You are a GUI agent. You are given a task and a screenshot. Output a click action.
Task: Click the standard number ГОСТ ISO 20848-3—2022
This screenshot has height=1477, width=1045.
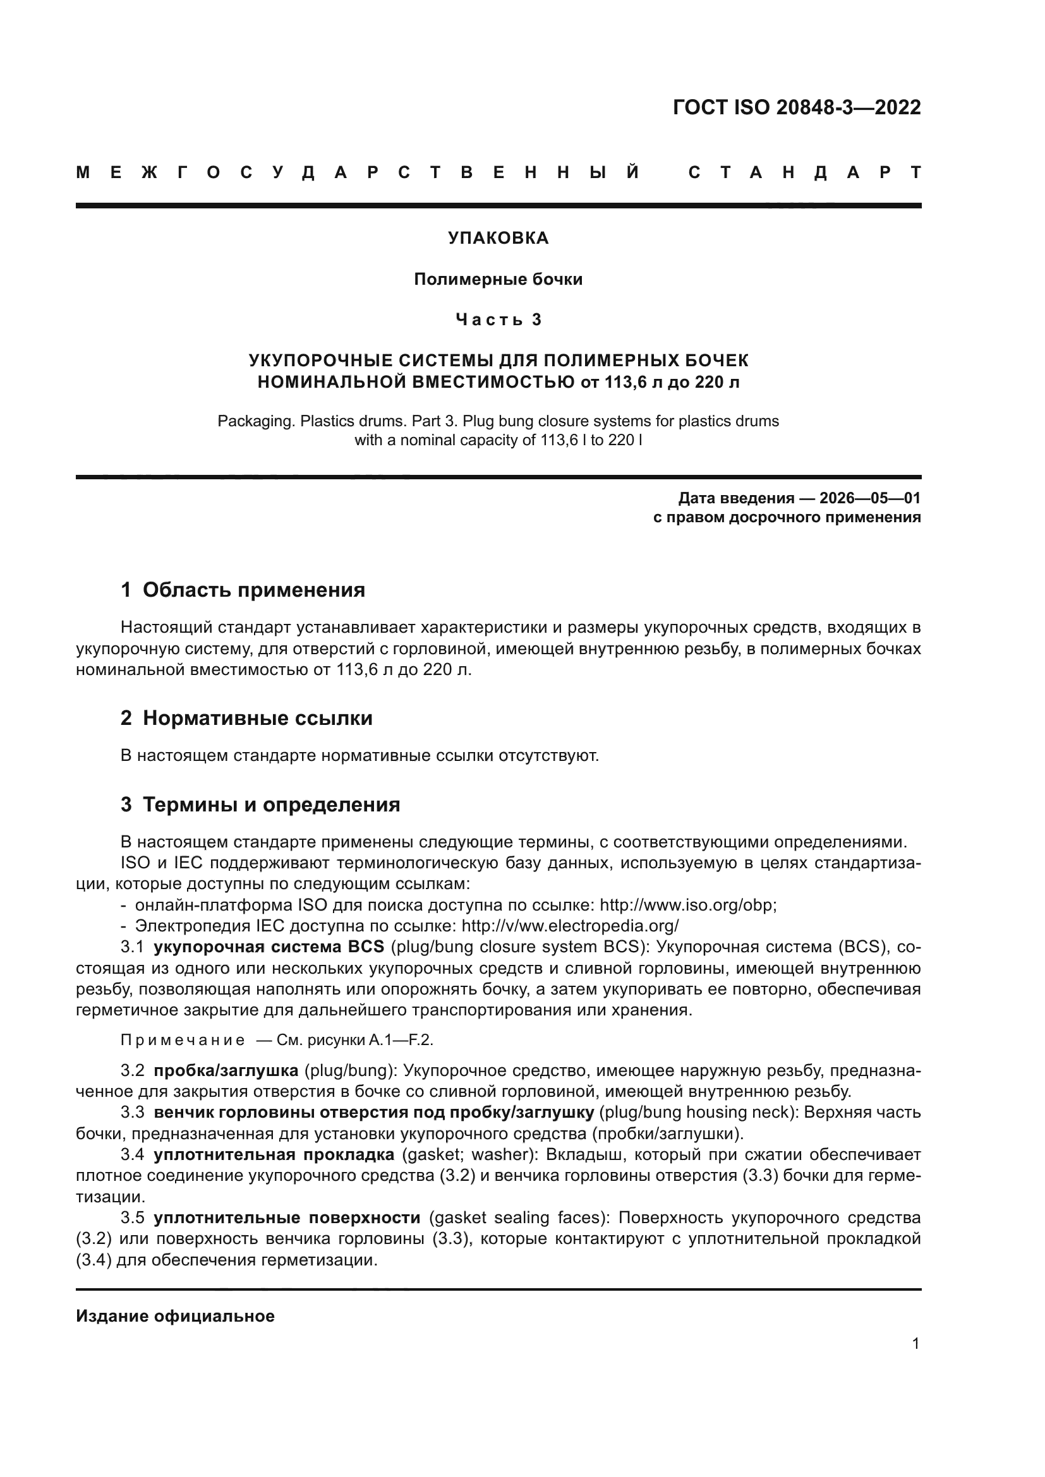[x=796, y=107]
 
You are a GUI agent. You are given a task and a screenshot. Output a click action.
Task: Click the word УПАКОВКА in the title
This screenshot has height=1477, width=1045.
[x=498, y=238]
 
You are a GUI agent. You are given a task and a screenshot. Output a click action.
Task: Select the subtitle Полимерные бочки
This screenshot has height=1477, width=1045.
[x=498, y=279]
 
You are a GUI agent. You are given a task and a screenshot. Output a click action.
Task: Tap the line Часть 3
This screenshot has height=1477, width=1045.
[x=498, y=320]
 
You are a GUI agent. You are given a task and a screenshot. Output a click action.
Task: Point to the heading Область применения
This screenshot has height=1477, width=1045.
[x=253, y=590]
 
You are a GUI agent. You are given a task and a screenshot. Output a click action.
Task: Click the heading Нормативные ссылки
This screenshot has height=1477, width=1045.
[x=257, y=718]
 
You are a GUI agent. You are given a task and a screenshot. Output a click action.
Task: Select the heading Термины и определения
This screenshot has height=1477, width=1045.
[x=271, y=804]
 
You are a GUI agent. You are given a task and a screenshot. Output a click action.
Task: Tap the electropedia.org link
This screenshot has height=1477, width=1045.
[x=570, y=926]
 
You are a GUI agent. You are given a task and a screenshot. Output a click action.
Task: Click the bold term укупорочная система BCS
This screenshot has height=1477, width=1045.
[x=269, y=947]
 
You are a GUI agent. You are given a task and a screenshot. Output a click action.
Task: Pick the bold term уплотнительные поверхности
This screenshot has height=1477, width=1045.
[x=287, y=1217]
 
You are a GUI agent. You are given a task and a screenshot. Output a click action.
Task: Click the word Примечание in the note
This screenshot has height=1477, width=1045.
[x=183, y=1040]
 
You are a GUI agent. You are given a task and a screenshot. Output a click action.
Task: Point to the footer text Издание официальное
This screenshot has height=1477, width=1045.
[x=175, y=1316]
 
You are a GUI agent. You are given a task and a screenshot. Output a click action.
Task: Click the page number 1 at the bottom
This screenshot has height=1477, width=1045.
[x=915, y=1344]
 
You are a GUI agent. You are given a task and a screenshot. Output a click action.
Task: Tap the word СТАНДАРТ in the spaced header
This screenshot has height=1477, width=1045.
[x=804, y=172]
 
